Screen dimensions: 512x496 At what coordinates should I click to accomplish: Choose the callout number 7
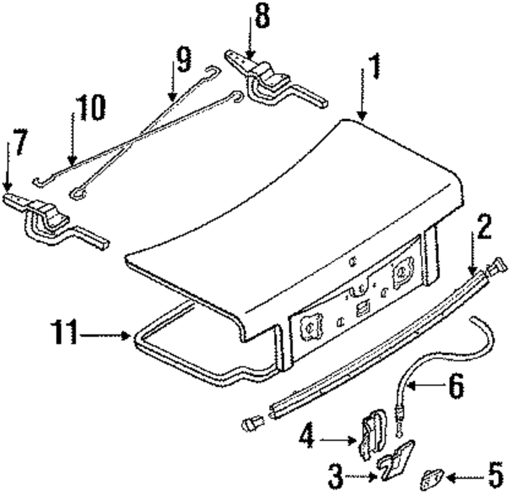pyautogui.click(x=19, y=143)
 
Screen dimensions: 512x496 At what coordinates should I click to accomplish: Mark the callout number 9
pyautogui.click(x=182, y=60)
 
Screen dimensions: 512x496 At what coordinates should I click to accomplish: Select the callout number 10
pyautogui.click(x=89, y=109)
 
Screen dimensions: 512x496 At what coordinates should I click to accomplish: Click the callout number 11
pyautogui.click(x=65, y=335)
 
